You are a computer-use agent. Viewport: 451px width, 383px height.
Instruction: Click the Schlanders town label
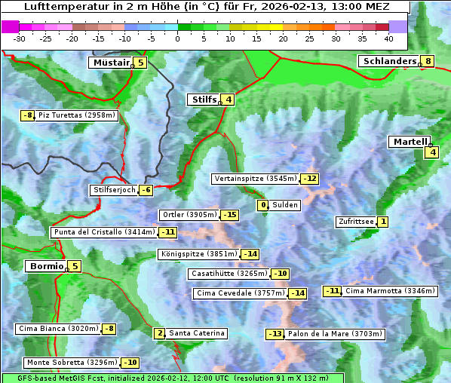click(x=388, y=61)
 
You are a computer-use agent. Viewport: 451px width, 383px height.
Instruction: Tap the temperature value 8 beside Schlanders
click(x=428, y=61)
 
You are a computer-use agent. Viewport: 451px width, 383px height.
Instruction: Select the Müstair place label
click(x=110, y=63)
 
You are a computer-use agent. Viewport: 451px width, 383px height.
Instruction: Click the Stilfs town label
click(x=203, y=99)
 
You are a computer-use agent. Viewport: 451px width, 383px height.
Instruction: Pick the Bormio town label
click(x=44, y=266)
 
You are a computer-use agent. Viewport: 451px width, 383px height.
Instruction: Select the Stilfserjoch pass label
click(x=113, y=190)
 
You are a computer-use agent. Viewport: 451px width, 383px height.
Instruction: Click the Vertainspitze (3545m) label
click(x=255, y=179)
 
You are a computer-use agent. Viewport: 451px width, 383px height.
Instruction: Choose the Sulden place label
click(x=285, y=205)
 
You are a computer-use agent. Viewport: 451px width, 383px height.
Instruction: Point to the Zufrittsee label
click(x=355, y=222)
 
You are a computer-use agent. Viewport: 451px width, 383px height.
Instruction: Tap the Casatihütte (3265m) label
click(x=229, y=274)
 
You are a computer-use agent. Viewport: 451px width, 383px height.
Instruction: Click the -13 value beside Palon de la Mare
click(x=275, y=334)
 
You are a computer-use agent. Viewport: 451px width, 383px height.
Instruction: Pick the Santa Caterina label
click(x=196, y=333)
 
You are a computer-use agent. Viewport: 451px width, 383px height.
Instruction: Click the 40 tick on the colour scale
click(x=388, y=38)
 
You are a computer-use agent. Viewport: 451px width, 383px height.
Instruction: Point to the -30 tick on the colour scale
click(x=20, y=38)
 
